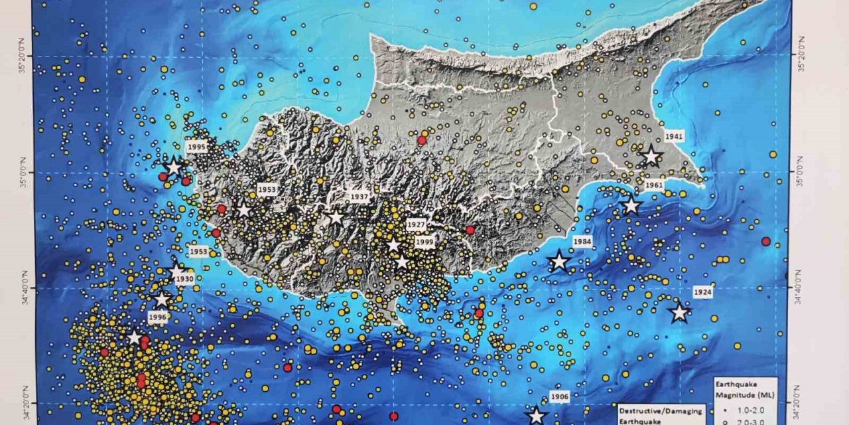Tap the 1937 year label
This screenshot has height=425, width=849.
(x=359, y=197)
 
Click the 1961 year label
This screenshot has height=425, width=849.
(x=654, y=186)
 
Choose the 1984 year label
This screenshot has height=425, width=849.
(x=582, y=241)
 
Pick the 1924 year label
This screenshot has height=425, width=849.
(x=702, y=292)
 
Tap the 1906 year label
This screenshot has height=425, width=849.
(x=560, y=397)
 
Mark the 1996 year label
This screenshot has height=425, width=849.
(x=158, y=317)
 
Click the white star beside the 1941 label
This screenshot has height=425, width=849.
(x=651, y=157)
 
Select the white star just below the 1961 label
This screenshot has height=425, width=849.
(x=631, y=206)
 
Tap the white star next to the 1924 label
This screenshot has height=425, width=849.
(x=679, y=313)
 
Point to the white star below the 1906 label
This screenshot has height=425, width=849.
(x=536, y=416)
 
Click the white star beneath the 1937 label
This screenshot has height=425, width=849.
(x=336, y=217)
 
